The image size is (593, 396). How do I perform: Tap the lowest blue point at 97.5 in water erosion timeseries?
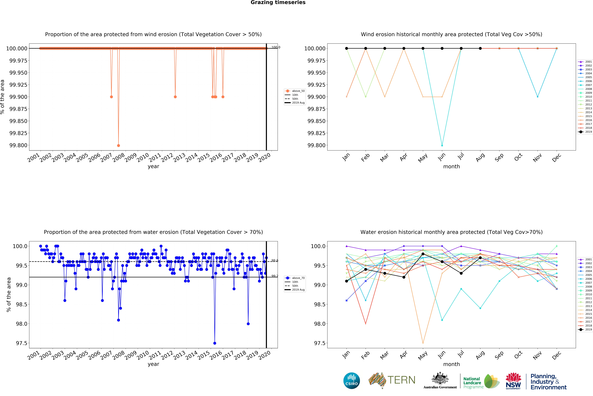215,343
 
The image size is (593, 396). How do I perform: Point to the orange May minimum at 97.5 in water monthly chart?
423,343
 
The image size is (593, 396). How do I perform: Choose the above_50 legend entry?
295,91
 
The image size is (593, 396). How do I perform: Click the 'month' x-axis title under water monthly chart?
451,364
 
